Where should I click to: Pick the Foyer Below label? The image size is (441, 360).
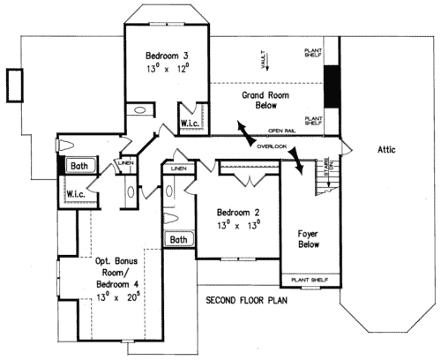click(307, 239)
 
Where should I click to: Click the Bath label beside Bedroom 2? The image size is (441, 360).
click(179, 239)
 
